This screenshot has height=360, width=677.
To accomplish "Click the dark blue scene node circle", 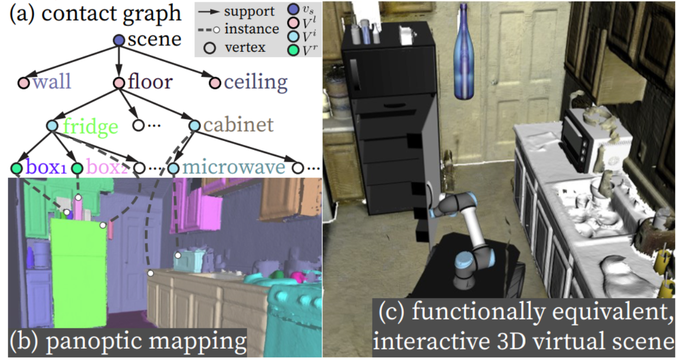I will click(x=119, y=40).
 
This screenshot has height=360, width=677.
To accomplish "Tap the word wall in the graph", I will click(x=51, y=82).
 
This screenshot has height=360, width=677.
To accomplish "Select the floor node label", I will click(x=150, y=82).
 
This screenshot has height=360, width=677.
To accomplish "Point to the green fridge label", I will click(x=90, y=126).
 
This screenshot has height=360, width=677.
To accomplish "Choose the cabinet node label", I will click(x=238, y=125).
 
